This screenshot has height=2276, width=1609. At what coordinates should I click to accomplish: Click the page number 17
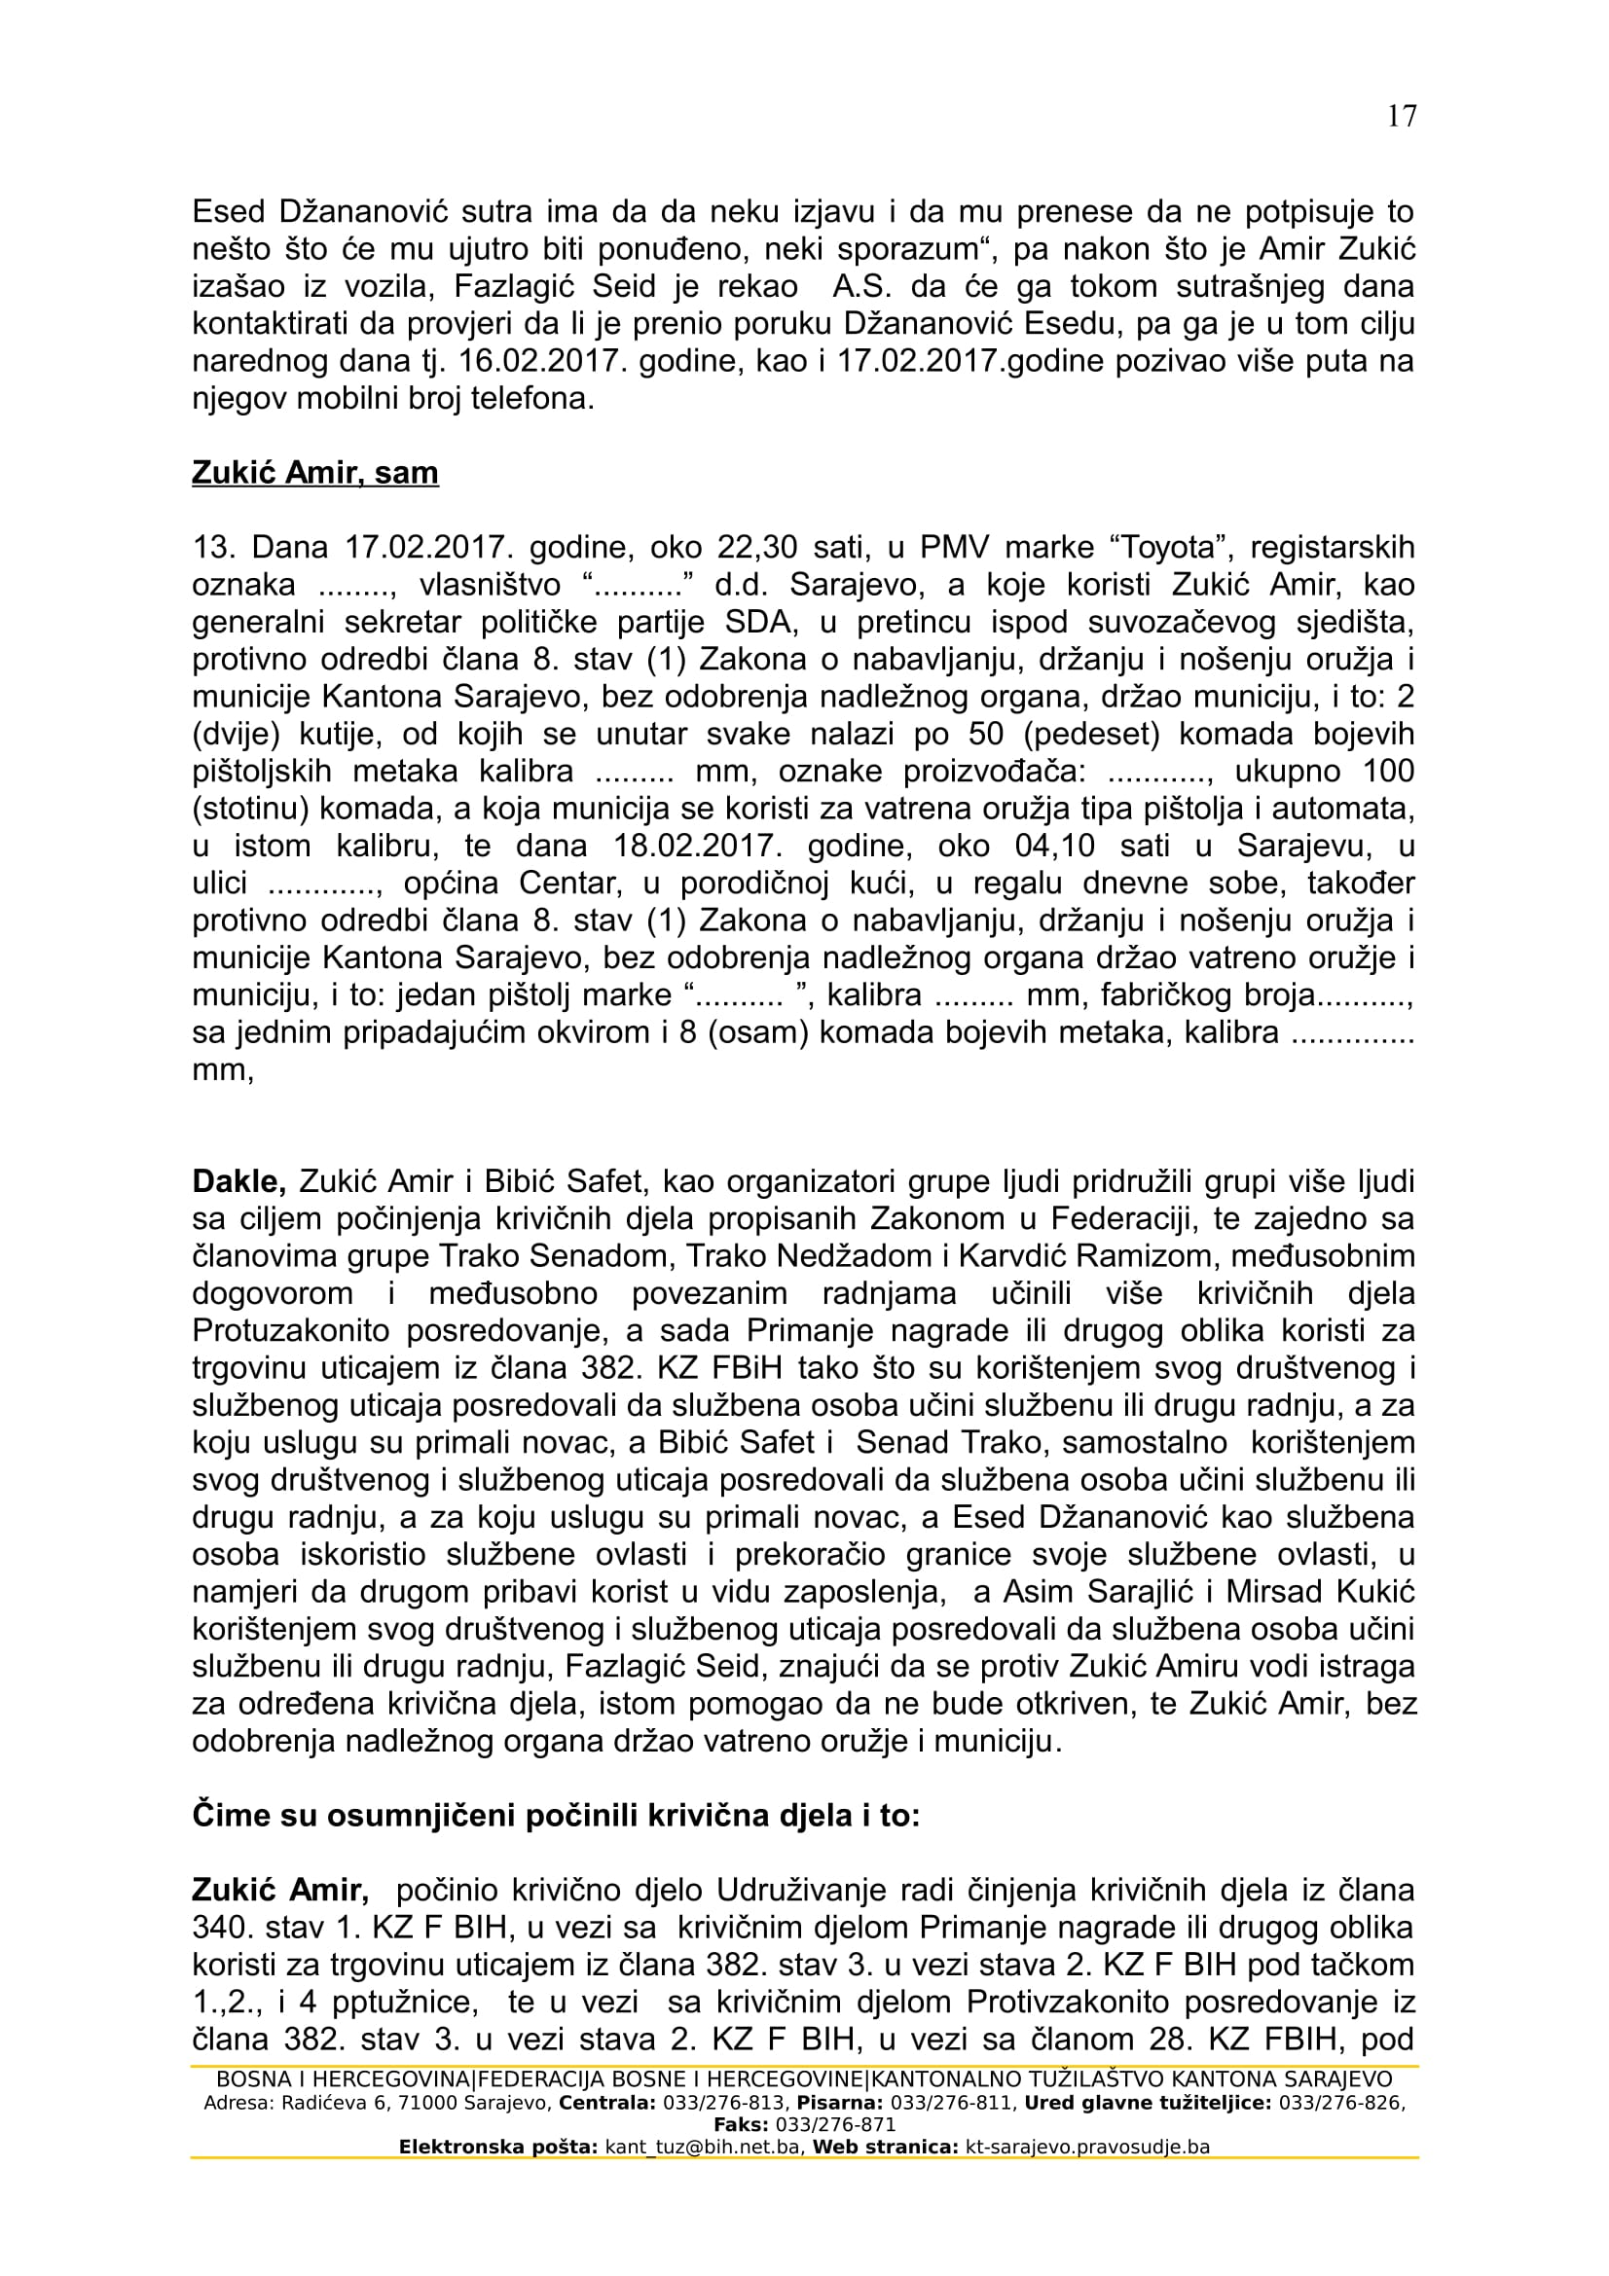pyautogui.click(x=1402, y=116)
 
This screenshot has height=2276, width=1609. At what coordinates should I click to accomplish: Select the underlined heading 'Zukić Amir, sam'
pyautogui.click(x=314, y=473)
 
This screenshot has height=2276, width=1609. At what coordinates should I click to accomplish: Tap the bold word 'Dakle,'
pyautogui.click(x=238, y=1181)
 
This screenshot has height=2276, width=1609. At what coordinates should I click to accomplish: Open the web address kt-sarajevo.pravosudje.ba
pyautogui.click(x=1086, y=2149)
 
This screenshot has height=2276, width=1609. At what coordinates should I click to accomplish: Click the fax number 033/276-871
pyautogui.click(x=836, y=2125)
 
